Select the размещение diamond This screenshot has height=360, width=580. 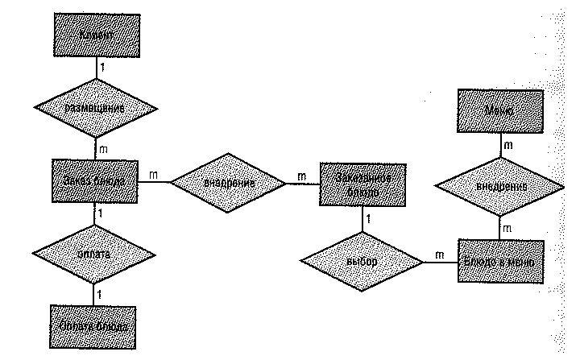97,107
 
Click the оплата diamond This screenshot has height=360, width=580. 97,253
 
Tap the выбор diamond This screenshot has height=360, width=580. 362,263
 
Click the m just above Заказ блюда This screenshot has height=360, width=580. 103,150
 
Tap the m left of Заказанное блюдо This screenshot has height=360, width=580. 301,176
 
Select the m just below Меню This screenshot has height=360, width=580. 509,145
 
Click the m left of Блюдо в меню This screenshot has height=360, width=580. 439,254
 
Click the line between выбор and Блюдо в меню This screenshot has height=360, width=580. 441,263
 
